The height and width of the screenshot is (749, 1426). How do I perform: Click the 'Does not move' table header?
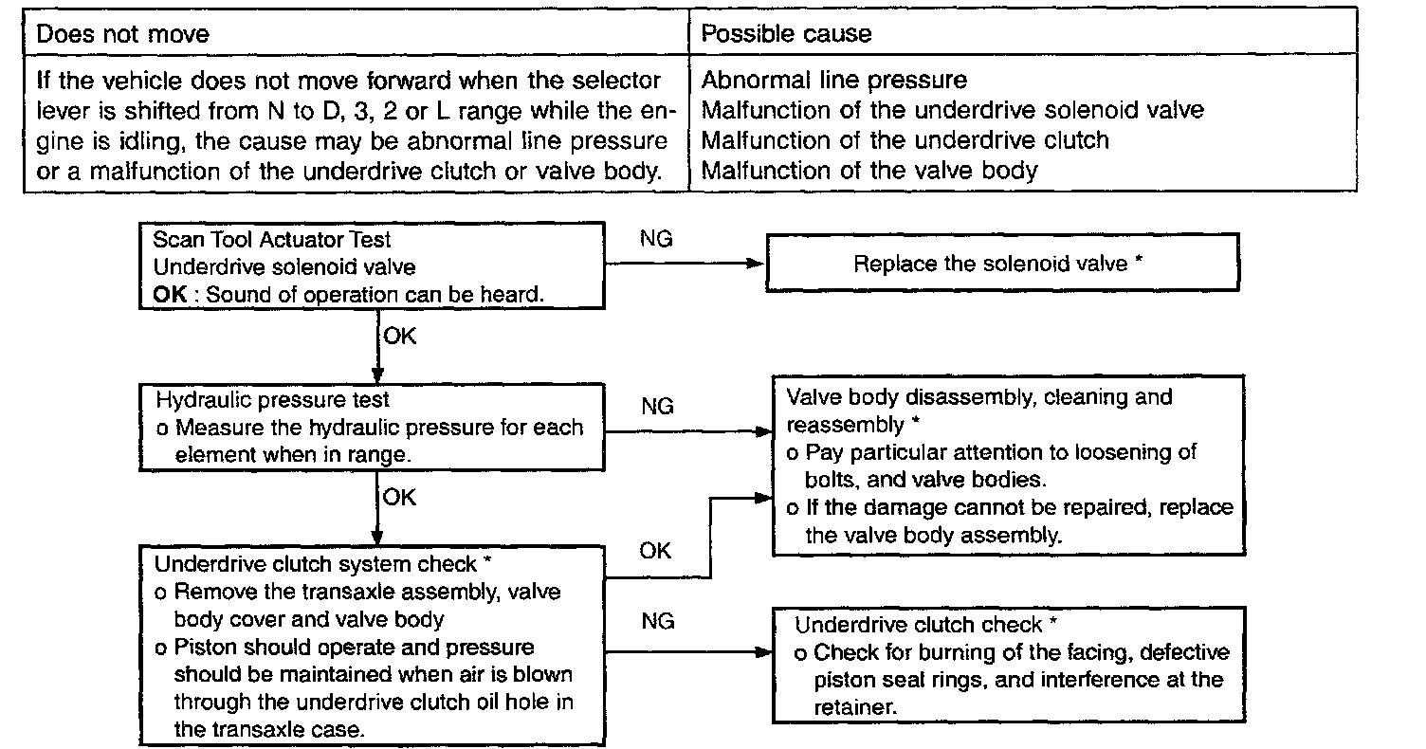point(122,35)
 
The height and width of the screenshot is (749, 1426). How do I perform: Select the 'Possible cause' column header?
point(786,35)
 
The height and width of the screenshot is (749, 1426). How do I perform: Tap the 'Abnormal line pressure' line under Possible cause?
point(833,80)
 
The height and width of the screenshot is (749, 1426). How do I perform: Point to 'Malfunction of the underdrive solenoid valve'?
point(952,110)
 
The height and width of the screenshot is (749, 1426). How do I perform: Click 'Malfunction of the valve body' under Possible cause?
point(869,171)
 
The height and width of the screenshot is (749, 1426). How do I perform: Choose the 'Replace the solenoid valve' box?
point(1001,265)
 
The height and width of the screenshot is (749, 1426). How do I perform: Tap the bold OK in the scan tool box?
point(172,294)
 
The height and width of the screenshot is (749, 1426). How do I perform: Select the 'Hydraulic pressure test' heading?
point(272,399)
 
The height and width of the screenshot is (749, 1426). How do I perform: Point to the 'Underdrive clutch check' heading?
point(925,625)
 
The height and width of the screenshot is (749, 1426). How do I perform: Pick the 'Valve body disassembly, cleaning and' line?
point(979,396)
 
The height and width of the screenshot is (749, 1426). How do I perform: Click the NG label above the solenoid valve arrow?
point(656,240)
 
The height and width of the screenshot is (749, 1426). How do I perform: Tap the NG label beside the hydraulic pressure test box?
point(656,407)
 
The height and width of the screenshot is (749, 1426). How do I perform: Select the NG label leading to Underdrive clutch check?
point(658,622)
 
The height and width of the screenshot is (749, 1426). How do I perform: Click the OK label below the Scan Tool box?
point(400,335)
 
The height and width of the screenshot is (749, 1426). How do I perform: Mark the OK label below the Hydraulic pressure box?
point(400,497)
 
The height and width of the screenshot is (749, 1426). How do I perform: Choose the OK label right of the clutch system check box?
point(656,551)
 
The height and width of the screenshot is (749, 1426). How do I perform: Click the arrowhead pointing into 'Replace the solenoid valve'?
point(756,264)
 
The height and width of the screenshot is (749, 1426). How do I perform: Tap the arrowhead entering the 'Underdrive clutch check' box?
point(764,653)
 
